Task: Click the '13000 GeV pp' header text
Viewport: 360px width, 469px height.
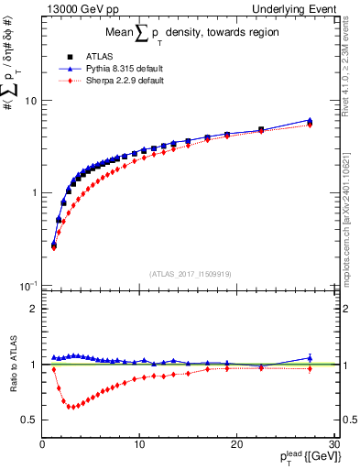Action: (x=78, y=8)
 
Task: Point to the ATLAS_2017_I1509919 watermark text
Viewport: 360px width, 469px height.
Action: (x=190, y=273)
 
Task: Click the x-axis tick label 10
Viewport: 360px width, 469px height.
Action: (x=138, y=445)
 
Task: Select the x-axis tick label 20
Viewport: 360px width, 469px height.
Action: (x=235, y=445)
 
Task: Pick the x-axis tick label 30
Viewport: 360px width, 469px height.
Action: (x=332, y=445)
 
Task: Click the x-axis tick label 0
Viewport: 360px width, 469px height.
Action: (x=42, y=445)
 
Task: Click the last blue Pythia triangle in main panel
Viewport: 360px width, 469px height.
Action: (x=310, y=120)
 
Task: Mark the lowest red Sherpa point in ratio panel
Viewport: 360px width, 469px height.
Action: (x=71, y=407)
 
